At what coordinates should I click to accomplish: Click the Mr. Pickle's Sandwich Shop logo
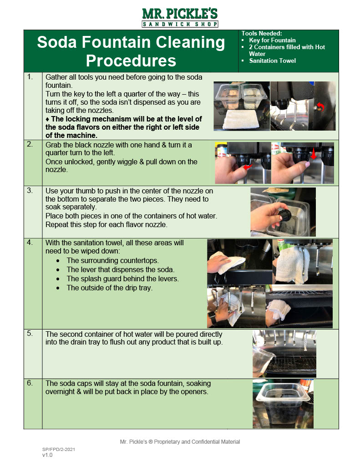(180, 17)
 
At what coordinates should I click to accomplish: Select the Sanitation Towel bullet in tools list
(272, 61)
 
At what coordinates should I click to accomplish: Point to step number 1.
(30, 77)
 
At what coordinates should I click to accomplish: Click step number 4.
(30, 242)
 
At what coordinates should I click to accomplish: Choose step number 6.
(30, 383)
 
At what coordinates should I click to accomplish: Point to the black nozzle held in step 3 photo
(286, 218)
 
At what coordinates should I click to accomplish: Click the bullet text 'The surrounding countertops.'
(112, 261)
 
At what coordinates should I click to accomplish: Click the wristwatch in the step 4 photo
(212, 315)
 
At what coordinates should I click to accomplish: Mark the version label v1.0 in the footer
(47, 455)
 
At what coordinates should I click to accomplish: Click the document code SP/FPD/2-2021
(59, 449)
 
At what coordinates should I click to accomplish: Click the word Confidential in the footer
(203, 442)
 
